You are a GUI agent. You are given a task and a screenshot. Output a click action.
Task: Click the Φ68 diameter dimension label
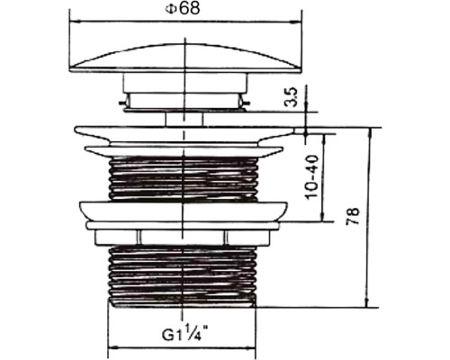point(182,8)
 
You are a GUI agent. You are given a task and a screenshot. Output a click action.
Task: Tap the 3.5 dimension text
point(291,97)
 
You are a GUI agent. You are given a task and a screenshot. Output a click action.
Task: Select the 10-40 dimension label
point(312,176)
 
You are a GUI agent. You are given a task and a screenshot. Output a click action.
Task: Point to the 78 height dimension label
point(353,216)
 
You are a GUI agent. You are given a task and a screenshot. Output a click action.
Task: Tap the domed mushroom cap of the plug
point(185,58)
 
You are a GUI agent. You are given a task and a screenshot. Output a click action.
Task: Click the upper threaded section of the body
point(183,178)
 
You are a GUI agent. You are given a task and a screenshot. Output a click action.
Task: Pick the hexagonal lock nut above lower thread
point(183,238)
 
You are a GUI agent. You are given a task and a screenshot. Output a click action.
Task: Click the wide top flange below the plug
point(186,135)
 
